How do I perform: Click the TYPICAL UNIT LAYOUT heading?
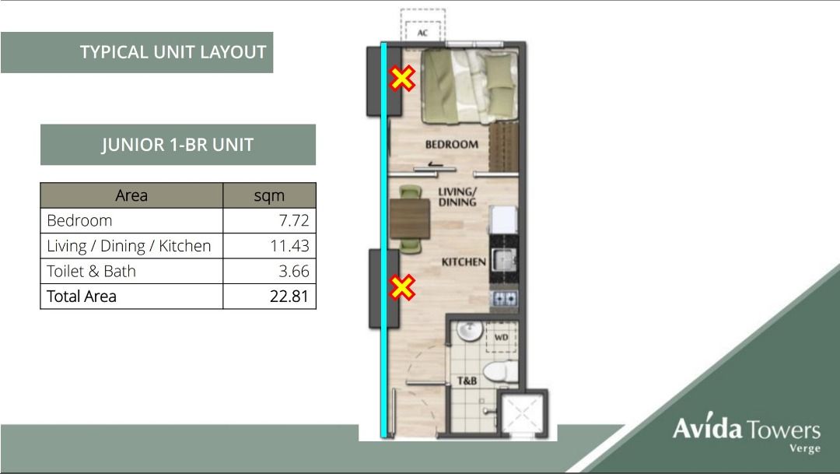(x=173, y=53)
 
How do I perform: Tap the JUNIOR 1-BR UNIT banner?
(x=177, y=145)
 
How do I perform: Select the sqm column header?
(x=269, y=195)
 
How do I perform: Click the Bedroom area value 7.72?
(x=294, y=220)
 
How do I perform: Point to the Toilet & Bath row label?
(x=91, y=271)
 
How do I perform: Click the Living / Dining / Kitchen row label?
(x=128, y=246)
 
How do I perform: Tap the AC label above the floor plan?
(x=423, y=33)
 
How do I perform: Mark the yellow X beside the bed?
(x=402, y=78)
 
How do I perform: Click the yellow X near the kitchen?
(x=402, y=288)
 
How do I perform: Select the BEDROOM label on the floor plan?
(x=451, y=144)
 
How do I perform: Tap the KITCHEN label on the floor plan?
(x=464, y=262)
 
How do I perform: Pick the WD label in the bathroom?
(x=501, y=338)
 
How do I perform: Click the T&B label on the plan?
(x=467, y=381)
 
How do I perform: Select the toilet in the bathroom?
(x=495, y=372)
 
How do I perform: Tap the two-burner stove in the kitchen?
(x=504, y=298)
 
